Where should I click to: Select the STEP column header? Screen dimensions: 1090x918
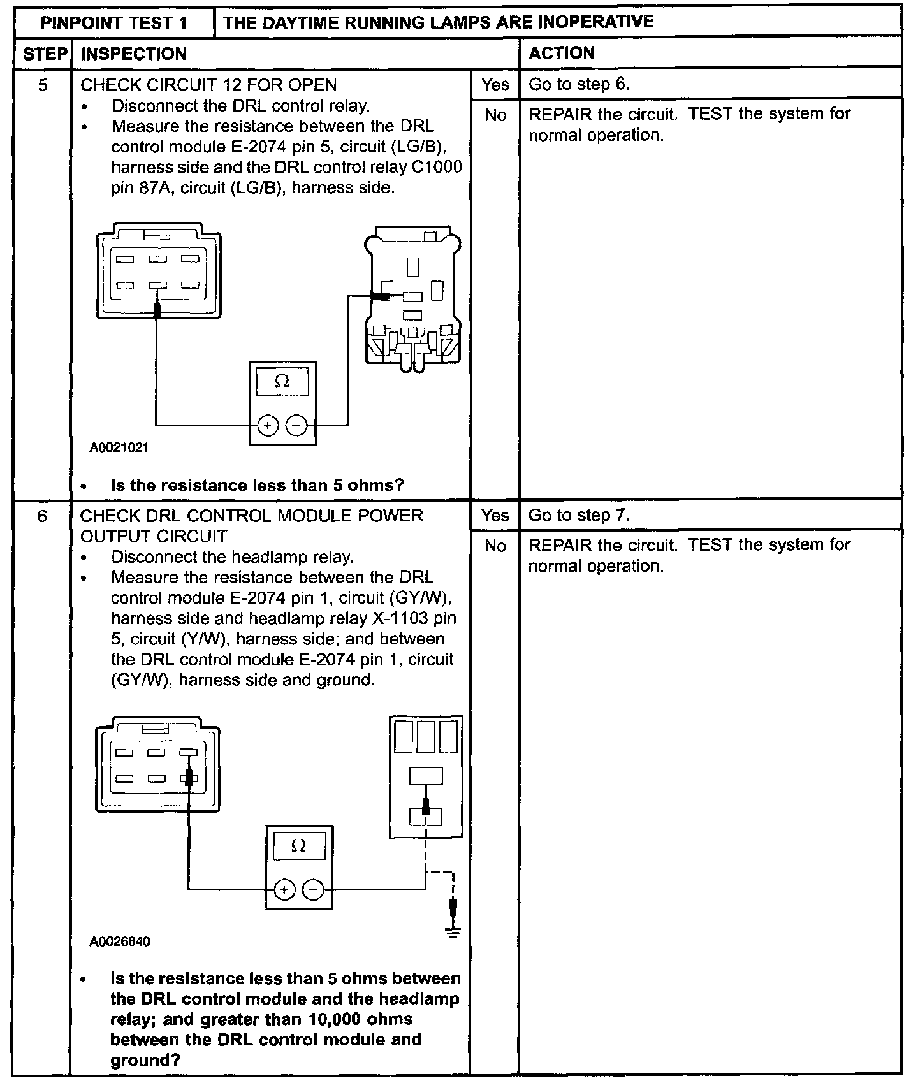[45, 54]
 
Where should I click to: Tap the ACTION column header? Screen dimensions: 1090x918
[561, 54]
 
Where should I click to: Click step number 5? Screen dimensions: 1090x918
[43, 85]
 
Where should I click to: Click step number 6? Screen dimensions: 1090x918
[42, 516]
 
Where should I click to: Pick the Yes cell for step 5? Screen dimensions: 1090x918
[495, 84]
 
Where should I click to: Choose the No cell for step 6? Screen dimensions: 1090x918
[495, 546]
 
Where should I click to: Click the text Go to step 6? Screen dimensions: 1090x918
[579, 84]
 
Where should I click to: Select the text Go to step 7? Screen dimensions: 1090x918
[579, 515]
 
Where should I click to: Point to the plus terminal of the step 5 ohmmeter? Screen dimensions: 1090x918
[268, 425]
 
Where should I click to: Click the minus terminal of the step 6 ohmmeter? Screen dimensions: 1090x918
[312, 890]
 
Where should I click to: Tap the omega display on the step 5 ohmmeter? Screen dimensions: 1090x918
[282, 382]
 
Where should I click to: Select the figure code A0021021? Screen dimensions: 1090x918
[119, 447]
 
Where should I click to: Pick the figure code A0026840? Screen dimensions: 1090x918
[120, 941]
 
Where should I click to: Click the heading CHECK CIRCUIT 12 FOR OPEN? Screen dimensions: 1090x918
[208, 85]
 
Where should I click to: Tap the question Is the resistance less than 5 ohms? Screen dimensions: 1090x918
[257, 486]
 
